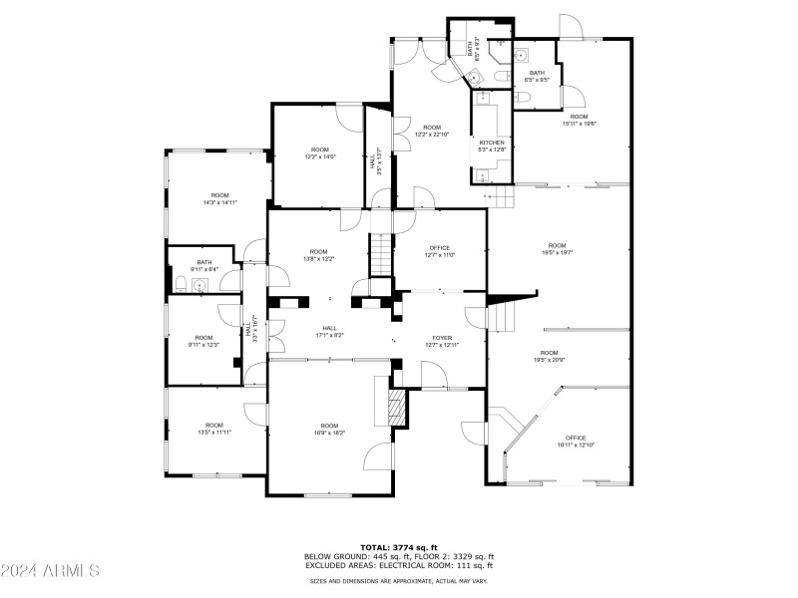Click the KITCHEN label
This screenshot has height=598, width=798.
pos(492,146)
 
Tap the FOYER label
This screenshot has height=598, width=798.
pos(444,341)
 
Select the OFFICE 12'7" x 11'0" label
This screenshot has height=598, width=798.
pos(440,251)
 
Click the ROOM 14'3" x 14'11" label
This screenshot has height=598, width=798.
pos(219,198)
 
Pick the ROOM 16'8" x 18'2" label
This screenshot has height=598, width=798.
pos(329,430)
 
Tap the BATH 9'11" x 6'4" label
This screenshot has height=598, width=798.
pos(203,265)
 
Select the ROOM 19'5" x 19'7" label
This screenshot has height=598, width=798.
pos(557,249)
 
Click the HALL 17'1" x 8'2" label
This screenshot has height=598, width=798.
pos(329,331)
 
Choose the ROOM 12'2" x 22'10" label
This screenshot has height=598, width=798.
pos(432,131)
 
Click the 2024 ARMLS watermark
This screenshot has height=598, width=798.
pos(50,571)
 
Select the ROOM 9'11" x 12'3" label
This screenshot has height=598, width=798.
pos(203,341)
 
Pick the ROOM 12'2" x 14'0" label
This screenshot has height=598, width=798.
pos(320,152)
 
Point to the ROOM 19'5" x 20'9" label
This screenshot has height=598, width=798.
pos(549,356)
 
